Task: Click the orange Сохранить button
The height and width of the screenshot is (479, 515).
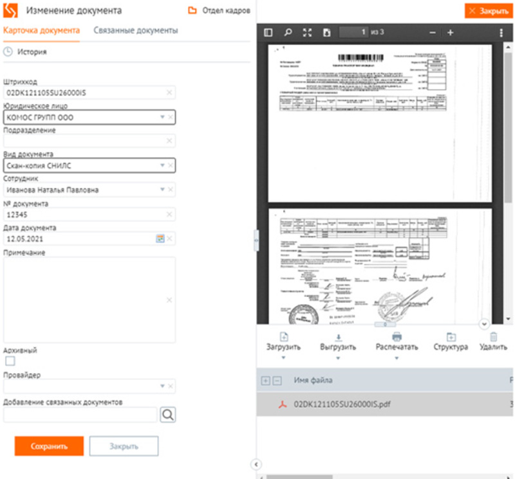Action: pos(50,446)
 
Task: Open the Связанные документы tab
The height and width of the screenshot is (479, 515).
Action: pos(135,30)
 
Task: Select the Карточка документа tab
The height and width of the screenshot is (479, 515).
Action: pos(41,30)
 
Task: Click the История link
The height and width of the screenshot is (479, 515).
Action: pos(32,51)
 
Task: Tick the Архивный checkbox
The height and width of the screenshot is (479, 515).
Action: pos(10,361)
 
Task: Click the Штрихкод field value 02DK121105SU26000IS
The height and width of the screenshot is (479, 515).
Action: pos(84,93)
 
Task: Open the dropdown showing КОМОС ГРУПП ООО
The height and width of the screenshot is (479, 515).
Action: pos(84,118)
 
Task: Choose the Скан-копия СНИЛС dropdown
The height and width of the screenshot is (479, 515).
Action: pos(84,166)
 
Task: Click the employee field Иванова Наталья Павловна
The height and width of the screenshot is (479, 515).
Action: pos(84,190)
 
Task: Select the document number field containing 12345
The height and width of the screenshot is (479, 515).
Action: pos(84,215)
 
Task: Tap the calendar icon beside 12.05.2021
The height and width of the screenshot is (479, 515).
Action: pos(160,239)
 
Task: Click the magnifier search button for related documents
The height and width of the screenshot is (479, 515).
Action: pos(167,415)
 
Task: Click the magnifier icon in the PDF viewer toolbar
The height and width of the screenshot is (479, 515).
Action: pos(288,32)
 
